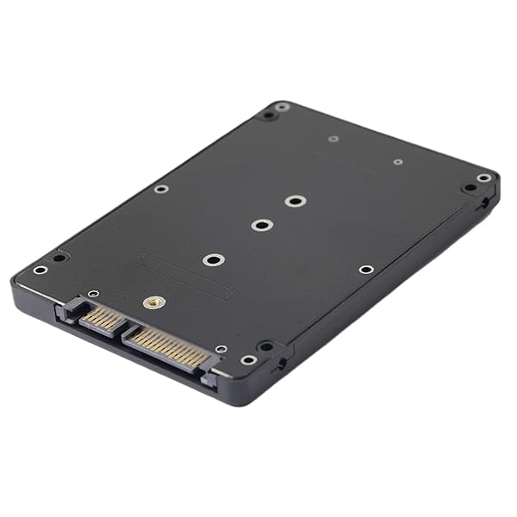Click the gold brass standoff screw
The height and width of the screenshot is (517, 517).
[154, 302]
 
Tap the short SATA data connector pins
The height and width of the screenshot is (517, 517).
[102, 320]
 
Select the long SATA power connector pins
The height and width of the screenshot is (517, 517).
[169, 347]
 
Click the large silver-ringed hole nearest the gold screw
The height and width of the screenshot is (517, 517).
[213, 259]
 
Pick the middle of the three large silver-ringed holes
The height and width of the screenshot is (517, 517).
[262, 225]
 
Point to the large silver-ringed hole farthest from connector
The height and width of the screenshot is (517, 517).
[296, 202]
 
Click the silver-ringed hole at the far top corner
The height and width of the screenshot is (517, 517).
[282, 107]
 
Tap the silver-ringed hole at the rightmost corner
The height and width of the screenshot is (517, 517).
[484, 178]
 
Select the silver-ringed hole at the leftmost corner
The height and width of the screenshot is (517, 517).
[40, 270]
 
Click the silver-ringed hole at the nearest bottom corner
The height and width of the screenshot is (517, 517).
[248, 360]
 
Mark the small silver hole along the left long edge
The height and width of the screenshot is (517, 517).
[161, 189]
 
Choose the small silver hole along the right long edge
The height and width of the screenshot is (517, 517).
[366, 270]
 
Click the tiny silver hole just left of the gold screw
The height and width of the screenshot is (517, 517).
[93, 294]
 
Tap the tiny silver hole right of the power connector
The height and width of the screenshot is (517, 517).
[221, 349]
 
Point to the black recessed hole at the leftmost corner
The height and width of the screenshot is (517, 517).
[58, 257]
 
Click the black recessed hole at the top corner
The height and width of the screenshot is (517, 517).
[269, 115]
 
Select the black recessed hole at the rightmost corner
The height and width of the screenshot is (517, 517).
[469, 187]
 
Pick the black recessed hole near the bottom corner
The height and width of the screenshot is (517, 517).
[266, 346]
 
